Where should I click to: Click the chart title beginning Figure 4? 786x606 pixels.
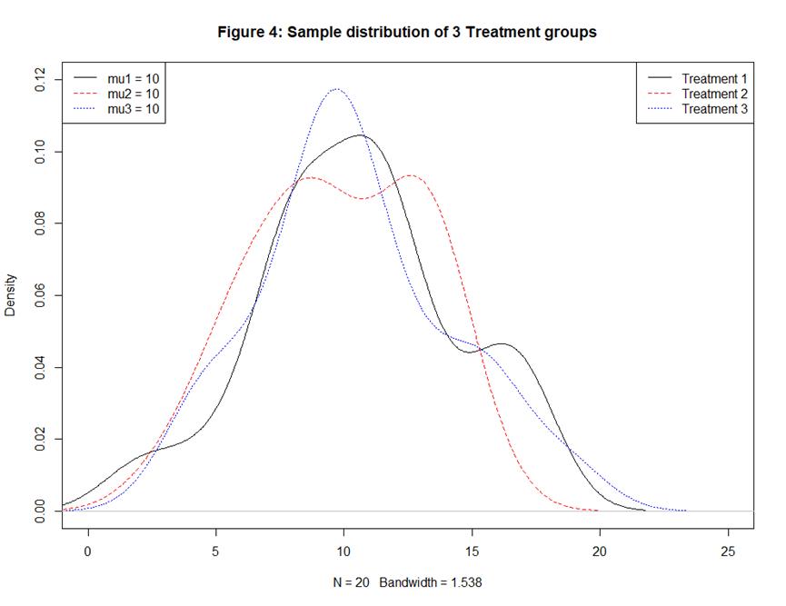[x=407, y=32]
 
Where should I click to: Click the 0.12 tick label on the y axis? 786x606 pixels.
[x=38, y=80]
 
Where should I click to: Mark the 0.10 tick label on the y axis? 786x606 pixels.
[x=38, y=152]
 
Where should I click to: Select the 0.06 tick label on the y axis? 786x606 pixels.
[x=38, y=295]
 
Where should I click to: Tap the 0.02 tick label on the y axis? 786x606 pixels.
[x=38, y=439]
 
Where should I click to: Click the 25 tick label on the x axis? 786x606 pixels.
[x=728, y=551]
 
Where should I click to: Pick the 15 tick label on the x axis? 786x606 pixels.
[x=472, y=551]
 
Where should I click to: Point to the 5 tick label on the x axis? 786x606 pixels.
[x=215, y=551]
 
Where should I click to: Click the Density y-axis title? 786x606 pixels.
[x=11, y=295]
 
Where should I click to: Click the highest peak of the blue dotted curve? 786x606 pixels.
[x=337, y=89]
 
